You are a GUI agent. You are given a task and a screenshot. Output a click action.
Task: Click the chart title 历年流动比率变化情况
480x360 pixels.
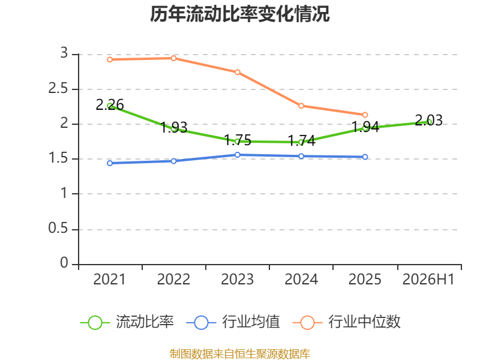coord(239,14)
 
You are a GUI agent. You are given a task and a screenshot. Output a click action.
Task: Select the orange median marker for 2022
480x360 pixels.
coord(173,58)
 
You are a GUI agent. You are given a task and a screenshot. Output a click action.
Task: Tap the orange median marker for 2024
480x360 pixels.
coord(301,106)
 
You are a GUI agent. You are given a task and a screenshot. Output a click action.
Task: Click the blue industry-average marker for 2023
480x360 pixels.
coord(237,155)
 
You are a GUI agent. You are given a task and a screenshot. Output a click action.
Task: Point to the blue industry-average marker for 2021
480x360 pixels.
coord(110,163)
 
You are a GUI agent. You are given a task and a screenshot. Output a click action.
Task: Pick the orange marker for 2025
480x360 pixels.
coord(365,115)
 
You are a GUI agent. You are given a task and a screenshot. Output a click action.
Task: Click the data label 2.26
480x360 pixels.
coord(110,105)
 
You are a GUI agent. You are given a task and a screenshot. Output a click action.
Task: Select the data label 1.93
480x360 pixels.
coord(173,128)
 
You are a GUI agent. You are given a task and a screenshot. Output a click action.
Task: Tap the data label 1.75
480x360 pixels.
coord(238,140)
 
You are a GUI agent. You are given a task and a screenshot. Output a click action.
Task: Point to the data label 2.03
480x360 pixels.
coord(428,121)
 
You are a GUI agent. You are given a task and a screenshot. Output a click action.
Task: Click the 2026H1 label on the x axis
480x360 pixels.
coord(428,279)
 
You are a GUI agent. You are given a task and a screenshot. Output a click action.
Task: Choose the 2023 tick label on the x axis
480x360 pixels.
coord(237,279)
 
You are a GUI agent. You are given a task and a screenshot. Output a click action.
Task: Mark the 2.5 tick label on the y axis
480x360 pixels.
coord(58,89)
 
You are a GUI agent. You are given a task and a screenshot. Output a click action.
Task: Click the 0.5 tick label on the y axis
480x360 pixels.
coord(58,229)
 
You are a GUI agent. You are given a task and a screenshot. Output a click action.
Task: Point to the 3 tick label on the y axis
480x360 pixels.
coord(64,53)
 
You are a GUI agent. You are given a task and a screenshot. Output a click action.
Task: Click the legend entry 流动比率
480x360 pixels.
coord(127,322)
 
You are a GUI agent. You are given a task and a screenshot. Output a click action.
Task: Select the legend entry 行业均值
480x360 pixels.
coord(233,322)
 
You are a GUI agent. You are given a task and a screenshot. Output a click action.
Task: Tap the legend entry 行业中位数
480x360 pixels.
coord(347,322)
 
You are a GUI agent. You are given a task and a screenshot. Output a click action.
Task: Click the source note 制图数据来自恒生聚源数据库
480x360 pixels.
coord(239,354)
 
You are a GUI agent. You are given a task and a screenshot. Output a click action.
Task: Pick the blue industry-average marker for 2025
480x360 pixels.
coord(365,157)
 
